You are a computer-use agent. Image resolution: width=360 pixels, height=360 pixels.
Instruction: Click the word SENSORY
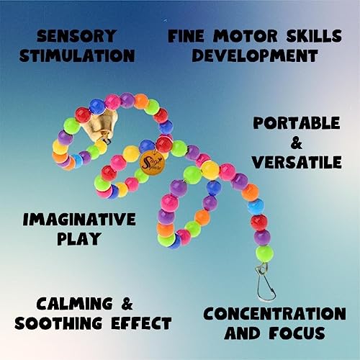coord(76,36)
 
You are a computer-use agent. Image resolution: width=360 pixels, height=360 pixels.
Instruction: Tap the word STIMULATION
coord(77,55)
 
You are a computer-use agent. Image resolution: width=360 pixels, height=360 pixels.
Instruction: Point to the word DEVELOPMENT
coord(255,55)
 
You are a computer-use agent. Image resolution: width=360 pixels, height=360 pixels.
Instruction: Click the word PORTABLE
coord(297,123)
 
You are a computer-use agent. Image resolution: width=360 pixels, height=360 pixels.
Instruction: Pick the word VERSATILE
coord(297,162)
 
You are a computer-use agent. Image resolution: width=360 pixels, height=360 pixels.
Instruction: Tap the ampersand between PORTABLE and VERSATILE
coord(296,143)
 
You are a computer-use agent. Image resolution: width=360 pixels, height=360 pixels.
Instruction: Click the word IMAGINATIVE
coord(79,219)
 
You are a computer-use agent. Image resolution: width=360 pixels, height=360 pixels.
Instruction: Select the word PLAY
coord(78,238)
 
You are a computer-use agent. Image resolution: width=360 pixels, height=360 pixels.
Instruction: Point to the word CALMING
coord(74,303)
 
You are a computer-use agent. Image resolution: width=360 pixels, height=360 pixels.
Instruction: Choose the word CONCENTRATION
coord(274,313)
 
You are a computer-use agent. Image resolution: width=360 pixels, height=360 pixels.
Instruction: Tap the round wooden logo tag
coord(153,161)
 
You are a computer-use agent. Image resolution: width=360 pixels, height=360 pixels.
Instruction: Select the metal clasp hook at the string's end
coord(266,282)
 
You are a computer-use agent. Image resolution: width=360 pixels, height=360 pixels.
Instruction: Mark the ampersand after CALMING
coord(126,303)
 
